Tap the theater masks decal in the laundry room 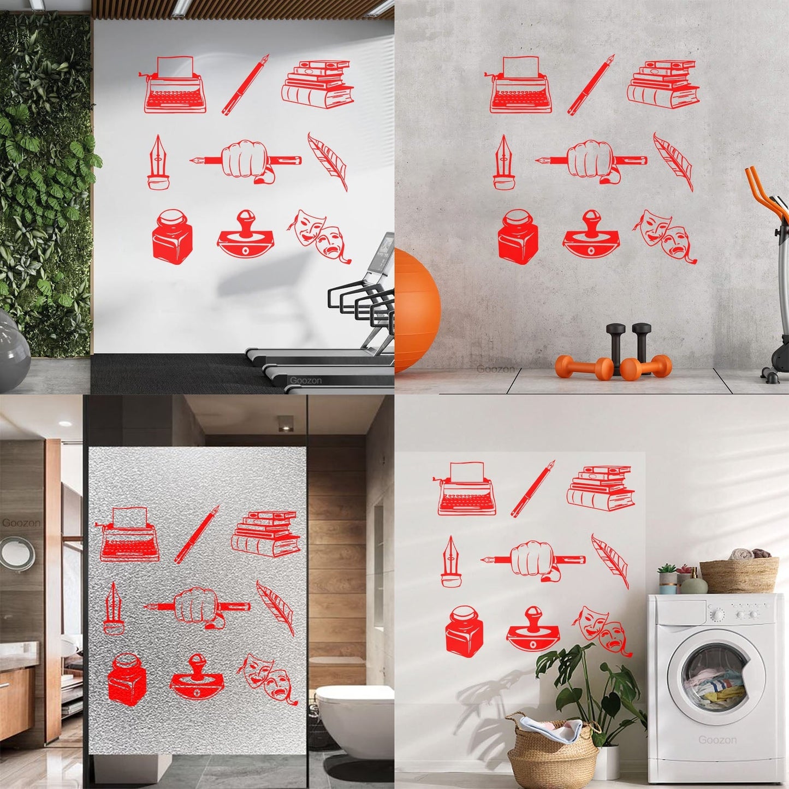pyautogui.click(x=603, y=631)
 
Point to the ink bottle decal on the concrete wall pyautogui.click(x=514, y=238)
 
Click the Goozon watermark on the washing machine pyautogui.click(x=717, y=740)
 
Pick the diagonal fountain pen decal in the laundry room pyautogui.click(x=533, y=488)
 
